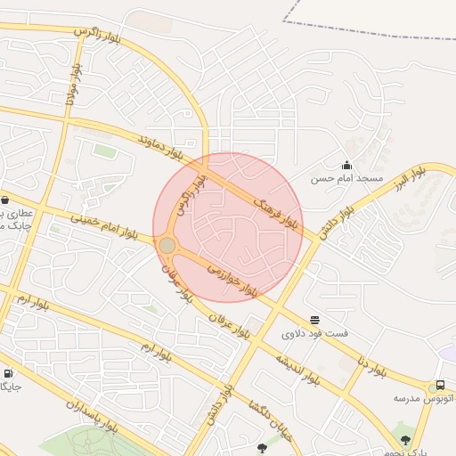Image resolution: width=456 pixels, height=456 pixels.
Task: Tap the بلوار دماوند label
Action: point(164,150)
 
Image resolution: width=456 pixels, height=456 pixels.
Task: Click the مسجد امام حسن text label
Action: point(346,179)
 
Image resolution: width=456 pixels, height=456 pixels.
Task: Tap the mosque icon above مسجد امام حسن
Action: point(346,165)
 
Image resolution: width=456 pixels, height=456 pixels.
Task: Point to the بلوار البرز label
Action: point(412,181)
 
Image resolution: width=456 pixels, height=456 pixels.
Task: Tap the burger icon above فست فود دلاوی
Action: point(314,320)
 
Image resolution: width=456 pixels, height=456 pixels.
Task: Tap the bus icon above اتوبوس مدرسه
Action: point(441,386)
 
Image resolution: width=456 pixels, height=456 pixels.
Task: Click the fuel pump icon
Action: point(7,374)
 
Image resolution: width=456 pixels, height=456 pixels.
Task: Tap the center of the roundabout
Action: point(167,244)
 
